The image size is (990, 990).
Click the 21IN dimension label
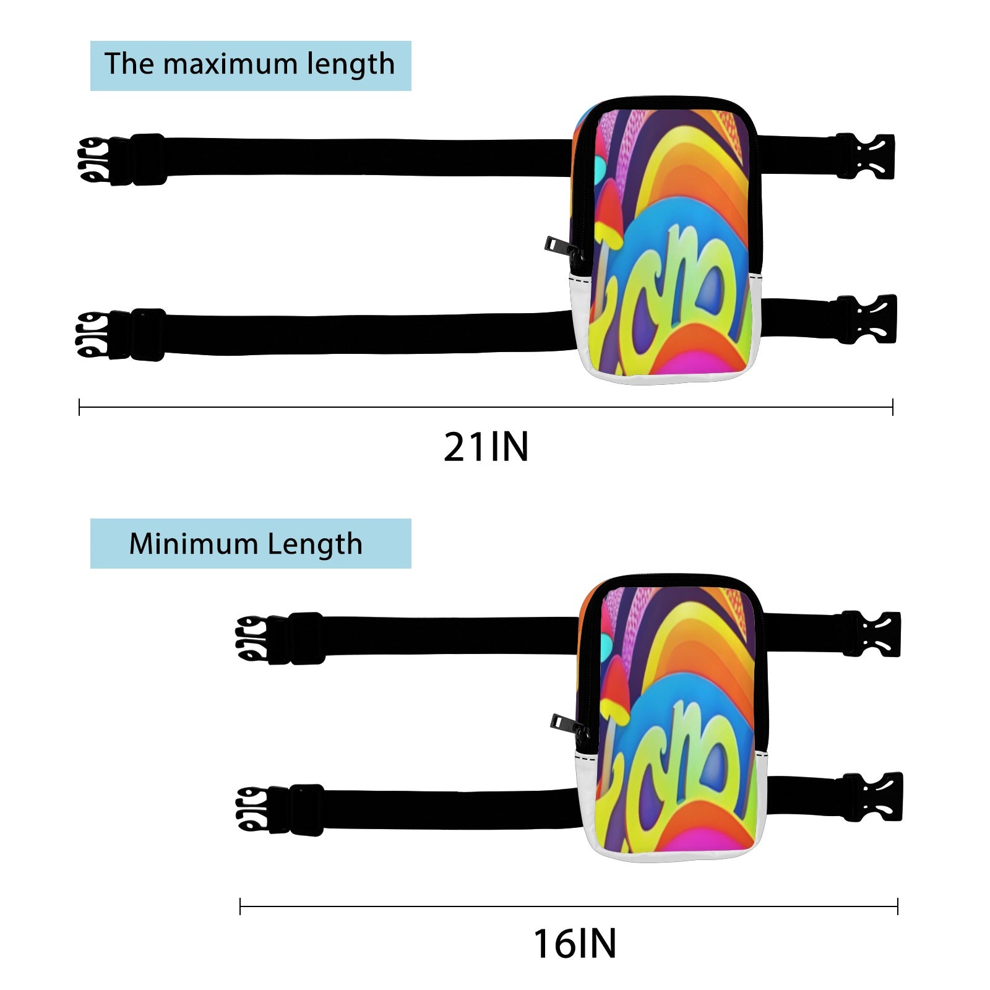click(x=486, y=447)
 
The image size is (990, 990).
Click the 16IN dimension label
click(x=575, y=944)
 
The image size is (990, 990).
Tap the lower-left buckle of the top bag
click(x=120, y=335)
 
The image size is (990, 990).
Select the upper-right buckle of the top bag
click(x=865, y=157)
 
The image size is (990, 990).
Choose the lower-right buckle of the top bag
click(x=866, y=319)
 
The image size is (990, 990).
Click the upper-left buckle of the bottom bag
click(x=280, y=639)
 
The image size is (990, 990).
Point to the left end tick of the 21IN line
click(x=80, y=407)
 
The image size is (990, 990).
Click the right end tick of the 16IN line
click(x=897, y=907)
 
